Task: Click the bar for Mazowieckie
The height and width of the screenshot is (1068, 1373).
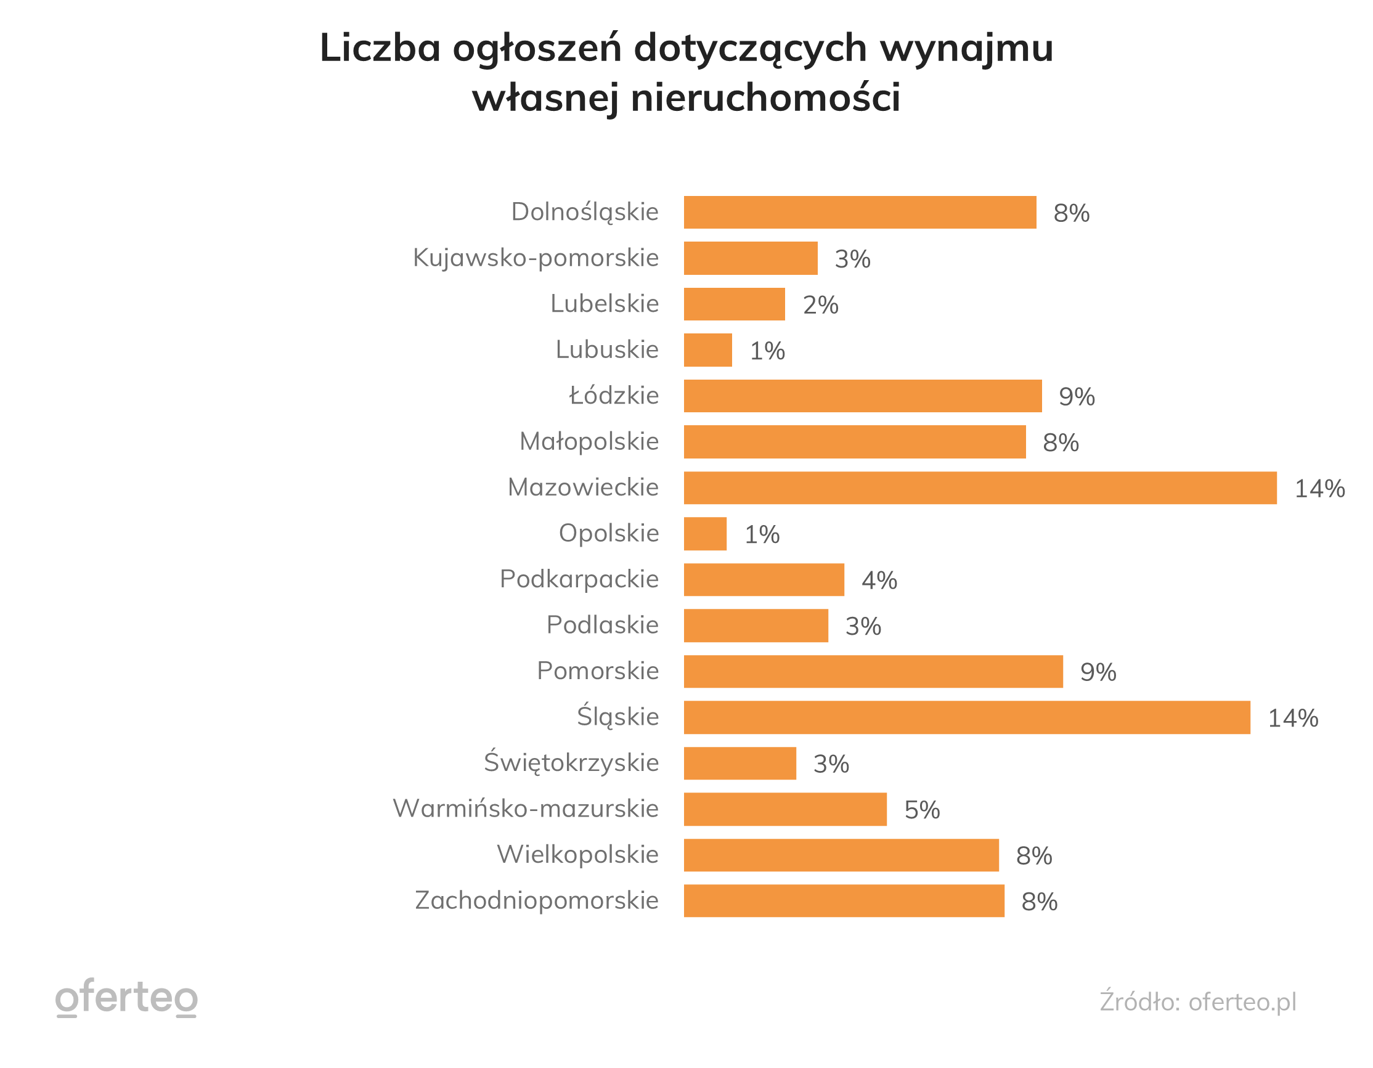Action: point(979,488)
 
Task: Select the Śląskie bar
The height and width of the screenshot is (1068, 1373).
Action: point(966,717)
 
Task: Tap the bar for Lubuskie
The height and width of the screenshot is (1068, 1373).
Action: point(708,349)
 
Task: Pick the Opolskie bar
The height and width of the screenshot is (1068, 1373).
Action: point(705,534)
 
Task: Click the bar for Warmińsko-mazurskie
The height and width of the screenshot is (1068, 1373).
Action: point(784,809)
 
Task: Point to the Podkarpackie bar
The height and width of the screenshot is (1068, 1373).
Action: point(763,579)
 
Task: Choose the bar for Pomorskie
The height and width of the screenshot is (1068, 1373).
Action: point(873,671)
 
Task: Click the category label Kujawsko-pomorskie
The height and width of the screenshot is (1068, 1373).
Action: point(535,258)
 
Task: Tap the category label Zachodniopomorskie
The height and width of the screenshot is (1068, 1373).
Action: point(536,900)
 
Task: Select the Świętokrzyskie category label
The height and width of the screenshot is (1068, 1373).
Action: point(571,762)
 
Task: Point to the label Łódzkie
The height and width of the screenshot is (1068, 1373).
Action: point(614,396)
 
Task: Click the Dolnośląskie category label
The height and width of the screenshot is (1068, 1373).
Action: point(585,212)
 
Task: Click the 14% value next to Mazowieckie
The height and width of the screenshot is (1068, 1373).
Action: point(1319,489)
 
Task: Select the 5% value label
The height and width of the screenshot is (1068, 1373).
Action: point(922,810)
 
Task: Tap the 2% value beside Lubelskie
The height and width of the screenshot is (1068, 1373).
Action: point(820,305)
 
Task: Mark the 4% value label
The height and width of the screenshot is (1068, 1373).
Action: point(879,580)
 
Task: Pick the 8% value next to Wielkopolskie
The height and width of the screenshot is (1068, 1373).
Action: point(1033,855)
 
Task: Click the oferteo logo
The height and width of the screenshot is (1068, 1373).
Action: point(126,998)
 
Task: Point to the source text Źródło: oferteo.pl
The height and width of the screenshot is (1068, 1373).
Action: point(1197,1001)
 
